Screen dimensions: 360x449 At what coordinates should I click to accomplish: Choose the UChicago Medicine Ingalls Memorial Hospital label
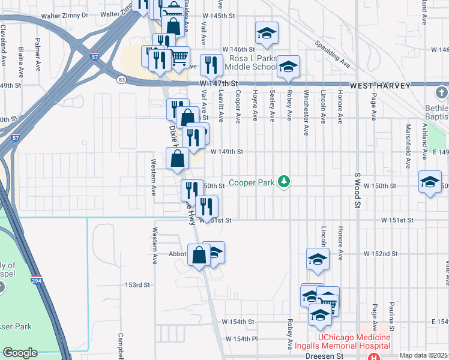coord(354,342)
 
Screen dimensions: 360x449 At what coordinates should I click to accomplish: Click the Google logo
coord(20,352)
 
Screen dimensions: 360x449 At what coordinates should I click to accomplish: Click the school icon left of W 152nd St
coord(318,259)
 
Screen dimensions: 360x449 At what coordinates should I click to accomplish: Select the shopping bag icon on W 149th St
coord(177,159)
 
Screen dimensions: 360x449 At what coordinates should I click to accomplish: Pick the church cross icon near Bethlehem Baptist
coord(442,93)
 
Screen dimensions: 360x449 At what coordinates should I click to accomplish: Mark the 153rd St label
coord(137,284)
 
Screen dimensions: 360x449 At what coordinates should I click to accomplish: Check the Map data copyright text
coord(424,355)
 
